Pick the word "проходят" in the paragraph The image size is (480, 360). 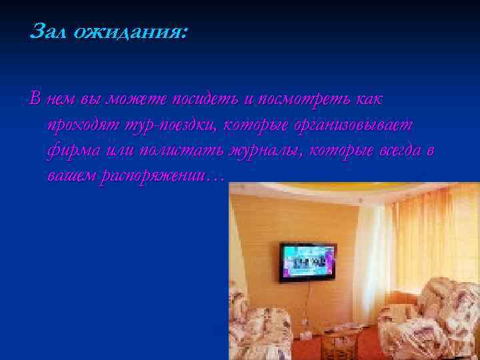[81, 125]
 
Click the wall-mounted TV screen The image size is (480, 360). [306, 261]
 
